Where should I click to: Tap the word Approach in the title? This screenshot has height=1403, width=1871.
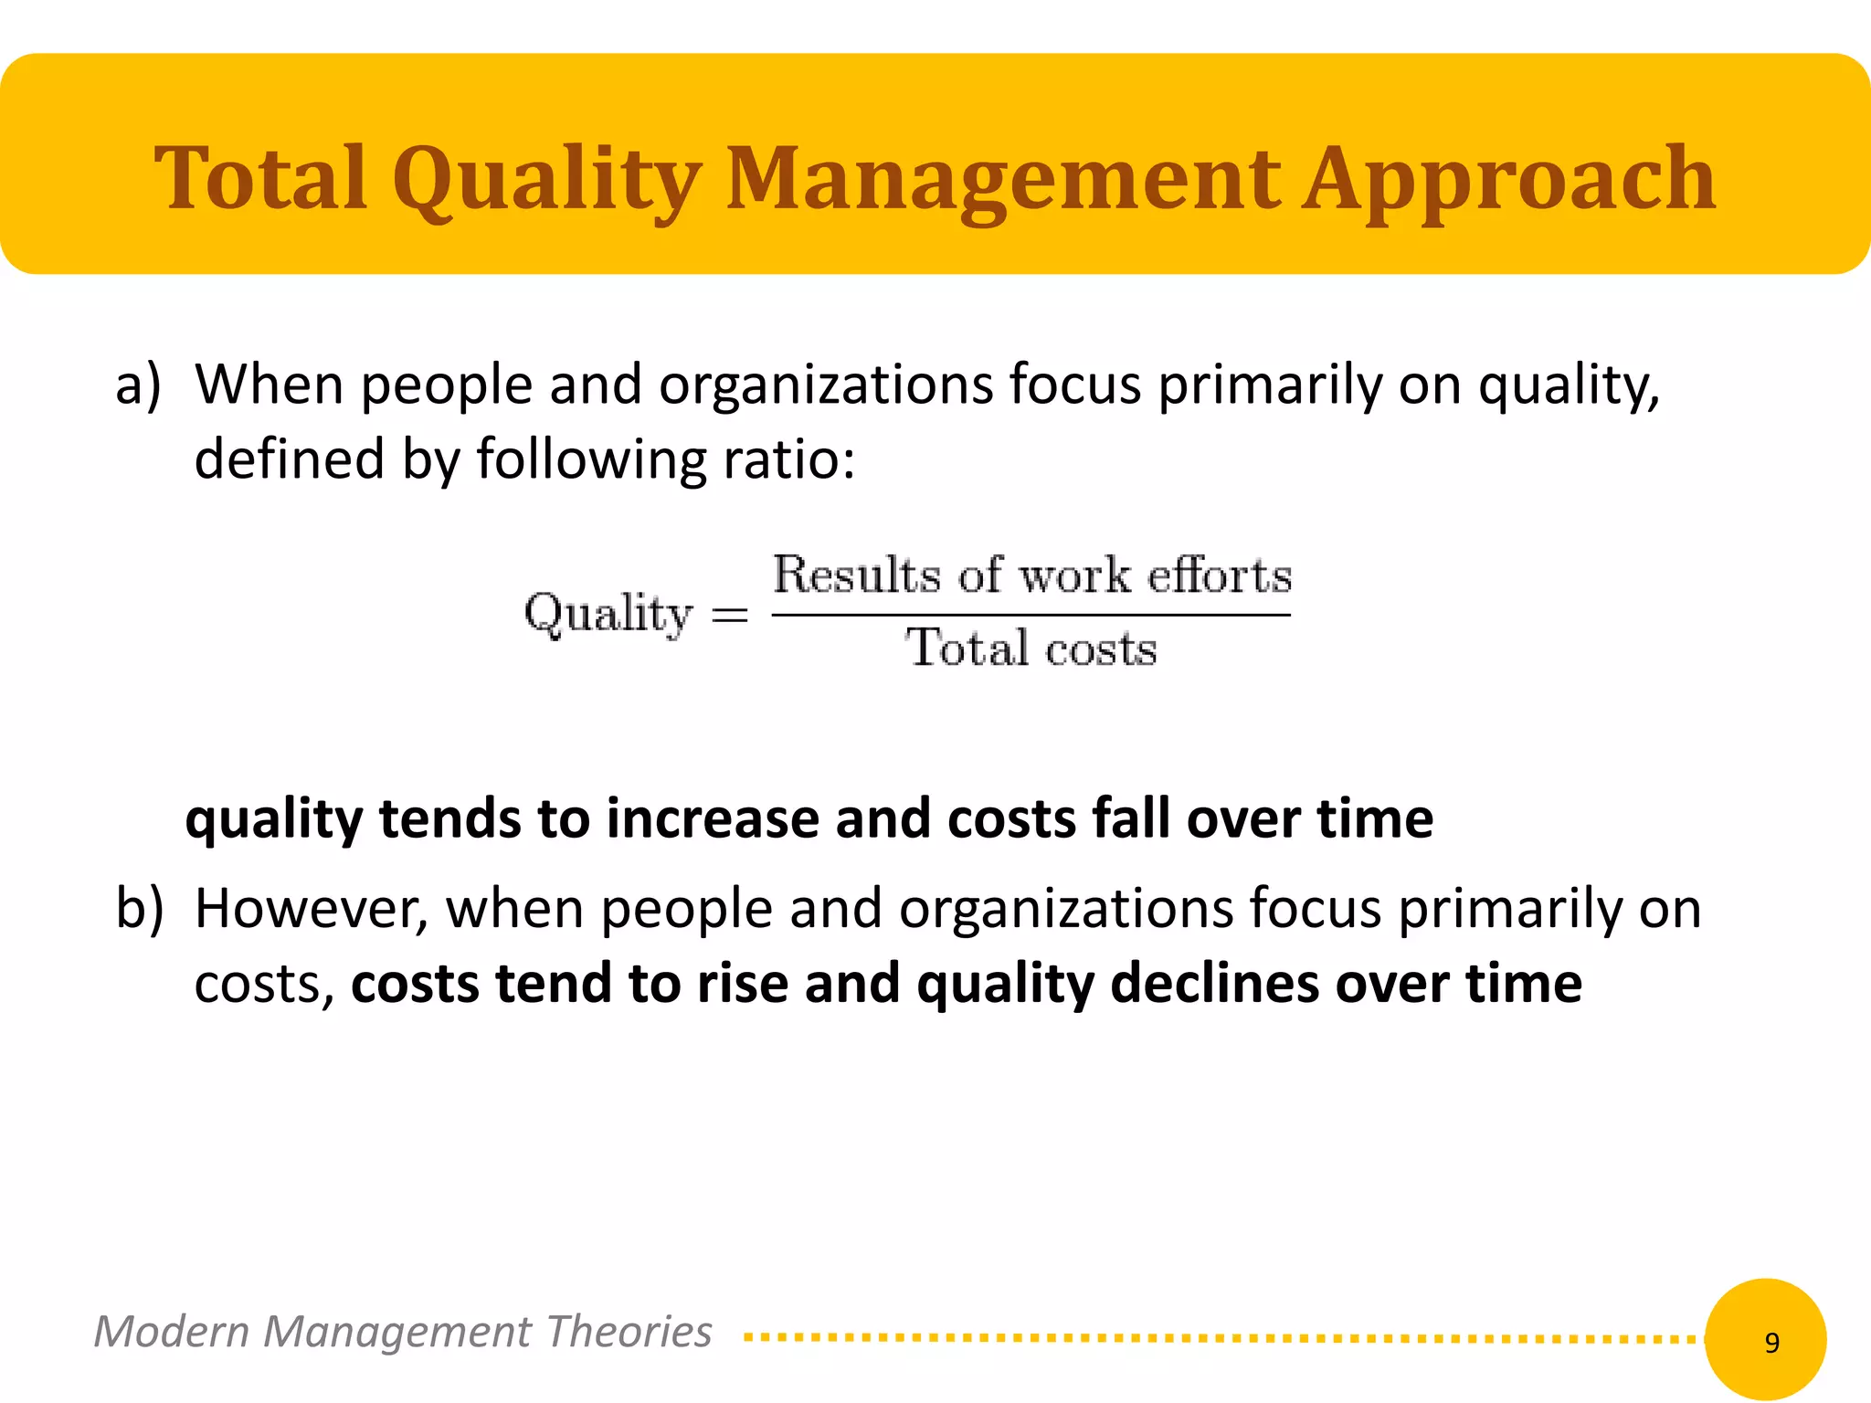point(1508,180)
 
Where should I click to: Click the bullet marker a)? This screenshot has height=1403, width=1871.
point(138,385)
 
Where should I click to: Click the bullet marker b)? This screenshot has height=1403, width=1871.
point(140,909)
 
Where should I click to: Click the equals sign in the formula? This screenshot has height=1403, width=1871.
point(730,615)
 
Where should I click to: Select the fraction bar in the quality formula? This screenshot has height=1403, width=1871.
point(1031,615)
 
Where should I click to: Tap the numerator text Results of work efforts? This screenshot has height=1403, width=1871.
point(1032,575)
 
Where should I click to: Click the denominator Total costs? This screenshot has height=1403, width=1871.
point(1031,649)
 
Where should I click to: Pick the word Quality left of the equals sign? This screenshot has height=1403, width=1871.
point(608,613)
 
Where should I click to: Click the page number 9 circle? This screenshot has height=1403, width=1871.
point(1765,1340)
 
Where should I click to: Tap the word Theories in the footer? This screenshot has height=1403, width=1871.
point(629,1332)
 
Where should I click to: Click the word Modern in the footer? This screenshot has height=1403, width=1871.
point(172,1332)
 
